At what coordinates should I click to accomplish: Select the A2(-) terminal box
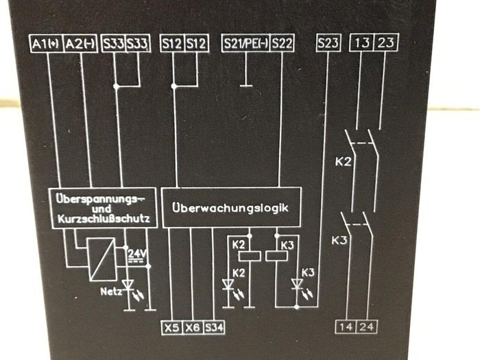pyautogui.click(x=80, y=45)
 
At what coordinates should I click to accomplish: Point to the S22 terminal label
pyautogui.click(x=281, y=45)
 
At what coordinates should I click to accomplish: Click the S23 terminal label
pyautogui.click(x=328, y=44)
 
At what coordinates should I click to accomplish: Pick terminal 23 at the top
pyautogui.click(x=386, y=44)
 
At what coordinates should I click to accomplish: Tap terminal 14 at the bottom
pyautogui.click(x=346, y=326)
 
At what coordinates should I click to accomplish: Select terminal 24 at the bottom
pyautogui.click(x=367, y=326)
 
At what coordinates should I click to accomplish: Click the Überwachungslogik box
pyautogui.click(x=231, y=207)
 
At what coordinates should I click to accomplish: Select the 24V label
pyautogui.click(x=136, y=254)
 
